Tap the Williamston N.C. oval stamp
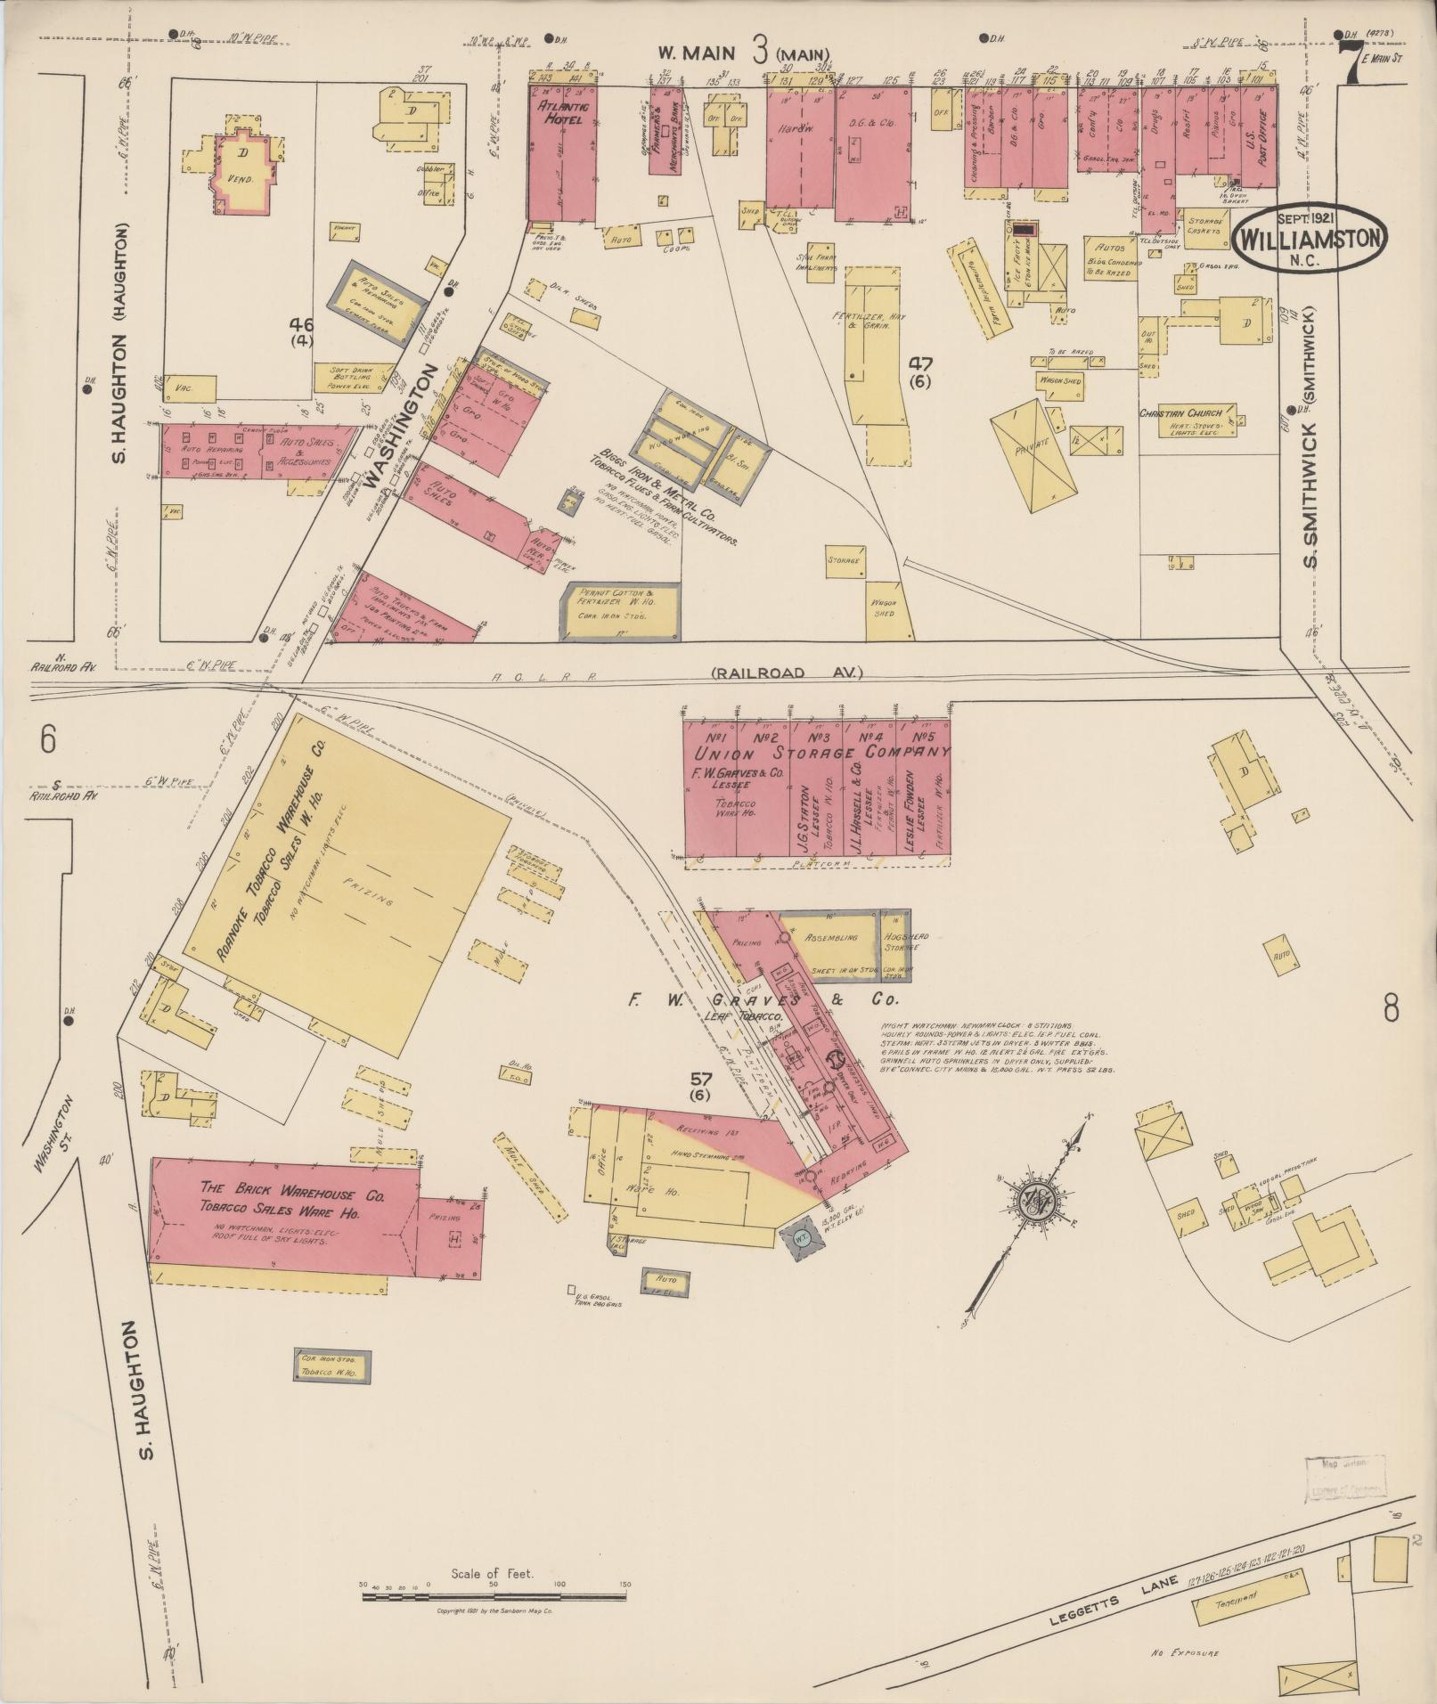coord(1309,238)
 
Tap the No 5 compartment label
coord(927,738)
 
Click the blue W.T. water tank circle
coord(799,1237)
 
